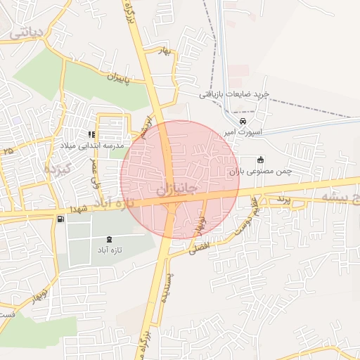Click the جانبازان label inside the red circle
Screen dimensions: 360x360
pos(172,191)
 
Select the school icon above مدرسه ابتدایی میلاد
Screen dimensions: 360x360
pos(91,134)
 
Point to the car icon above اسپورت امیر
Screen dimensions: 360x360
pos(243,120)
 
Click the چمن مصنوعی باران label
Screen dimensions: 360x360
pos(260,171)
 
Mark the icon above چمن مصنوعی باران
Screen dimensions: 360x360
pos(260,160)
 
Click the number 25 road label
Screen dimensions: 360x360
pos(8,150)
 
